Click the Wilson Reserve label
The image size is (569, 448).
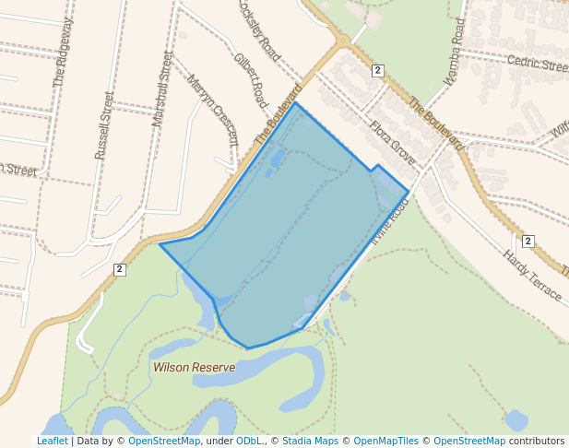194,367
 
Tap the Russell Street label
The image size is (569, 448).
102,125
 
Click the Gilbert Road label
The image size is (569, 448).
250,80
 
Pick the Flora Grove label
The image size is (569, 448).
393,140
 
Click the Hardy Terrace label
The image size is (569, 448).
532,274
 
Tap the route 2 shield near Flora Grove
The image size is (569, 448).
378,70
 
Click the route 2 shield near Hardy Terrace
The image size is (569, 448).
528,242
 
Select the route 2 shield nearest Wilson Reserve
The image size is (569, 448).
119,269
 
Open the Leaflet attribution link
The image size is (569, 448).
52,441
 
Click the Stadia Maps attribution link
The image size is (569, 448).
310,441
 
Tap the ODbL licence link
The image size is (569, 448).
249,441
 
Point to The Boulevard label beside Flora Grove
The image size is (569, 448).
435,124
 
